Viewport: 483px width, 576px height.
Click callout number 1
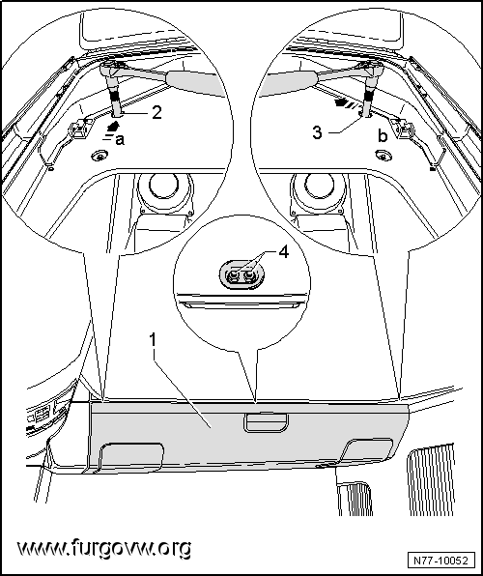153,340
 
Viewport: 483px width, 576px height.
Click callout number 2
156,112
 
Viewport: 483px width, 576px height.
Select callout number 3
317,132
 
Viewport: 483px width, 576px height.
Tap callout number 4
284,253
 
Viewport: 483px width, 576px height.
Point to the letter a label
120,140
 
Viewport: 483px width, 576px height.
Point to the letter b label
383,136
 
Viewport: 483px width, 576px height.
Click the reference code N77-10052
440,561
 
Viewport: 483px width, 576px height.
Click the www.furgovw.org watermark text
104,548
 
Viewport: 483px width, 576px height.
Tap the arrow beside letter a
112,126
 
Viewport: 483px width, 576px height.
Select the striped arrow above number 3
347,102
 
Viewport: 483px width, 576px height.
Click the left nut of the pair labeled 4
233,275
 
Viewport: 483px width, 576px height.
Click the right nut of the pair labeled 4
249,275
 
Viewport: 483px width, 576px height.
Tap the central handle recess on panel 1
267,422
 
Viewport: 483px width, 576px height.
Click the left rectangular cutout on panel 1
130,456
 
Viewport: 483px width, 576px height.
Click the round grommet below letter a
99,157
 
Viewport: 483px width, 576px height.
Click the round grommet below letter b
384,156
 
